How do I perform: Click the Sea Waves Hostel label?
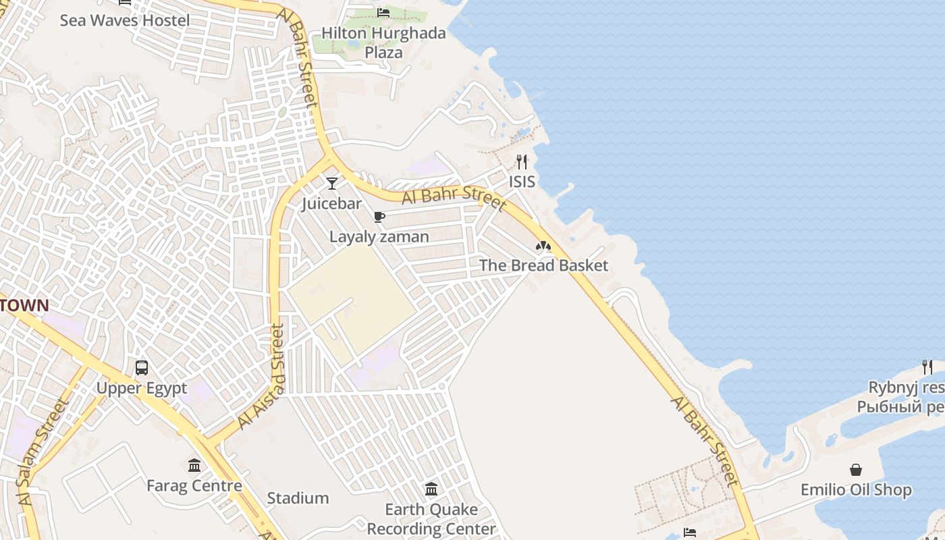[125, 20]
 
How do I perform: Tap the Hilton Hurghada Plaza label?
[383, 43]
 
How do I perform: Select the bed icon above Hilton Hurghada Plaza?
[383, 13]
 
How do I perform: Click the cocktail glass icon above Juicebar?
[332, 183]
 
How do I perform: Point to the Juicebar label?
[332, 203]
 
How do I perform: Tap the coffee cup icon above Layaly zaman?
[379, 217]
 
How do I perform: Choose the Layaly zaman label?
[379, 237]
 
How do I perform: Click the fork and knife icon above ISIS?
[522, 162]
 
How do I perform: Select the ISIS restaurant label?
[522, 182]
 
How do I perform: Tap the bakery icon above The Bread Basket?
[543, 246]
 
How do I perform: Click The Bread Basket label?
[543, 265]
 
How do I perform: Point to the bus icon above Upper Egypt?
[142, 368]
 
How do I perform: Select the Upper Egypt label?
[142, 388]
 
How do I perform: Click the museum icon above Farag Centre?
[194, 465]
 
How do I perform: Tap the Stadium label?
[298, 498]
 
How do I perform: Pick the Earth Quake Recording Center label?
[431, 518]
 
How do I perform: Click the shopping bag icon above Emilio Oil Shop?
[856, 470]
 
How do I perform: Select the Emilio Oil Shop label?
[856, 489]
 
